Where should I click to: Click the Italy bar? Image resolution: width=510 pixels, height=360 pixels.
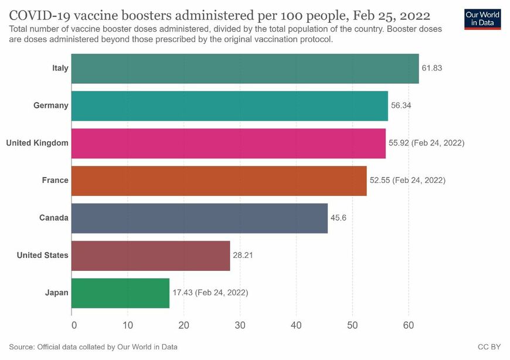(x=245, y=69)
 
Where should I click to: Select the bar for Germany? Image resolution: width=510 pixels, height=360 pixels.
(x=229, y=106)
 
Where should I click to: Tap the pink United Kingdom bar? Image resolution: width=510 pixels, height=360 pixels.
(x=228, y=143)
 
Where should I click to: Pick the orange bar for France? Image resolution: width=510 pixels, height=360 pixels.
(x=219, y=181)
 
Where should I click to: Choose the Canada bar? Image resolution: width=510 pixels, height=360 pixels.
(x=199, y=218)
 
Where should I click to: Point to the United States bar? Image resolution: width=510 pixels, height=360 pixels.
(x=151, y=256)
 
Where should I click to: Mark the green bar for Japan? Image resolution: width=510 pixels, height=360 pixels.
(x=120, y=293)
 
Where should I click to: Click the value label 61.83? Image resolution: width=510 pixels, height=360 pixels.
(x=431, y=68)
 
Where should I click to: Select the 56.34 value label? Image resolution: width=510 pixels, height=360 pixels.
(x=401, y=106)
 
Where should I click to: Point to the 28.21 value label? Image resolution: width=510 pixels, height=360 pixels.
(x=243, y=256)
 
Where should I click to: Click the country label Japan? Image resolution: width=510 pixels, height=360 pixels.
(x=56, y=293)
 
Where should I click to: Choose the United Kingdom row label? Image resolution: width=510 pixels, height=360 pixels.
(x=37, y=143)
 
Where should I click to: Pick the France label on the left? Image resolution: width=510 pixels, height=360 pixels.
(x=55, y=181)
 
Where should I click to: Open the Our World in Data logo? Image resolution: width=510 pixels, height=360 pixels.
(x=482, y=18)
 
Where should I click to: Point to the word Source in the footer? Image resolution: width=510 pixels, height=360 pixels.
(x=22, y=347)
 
